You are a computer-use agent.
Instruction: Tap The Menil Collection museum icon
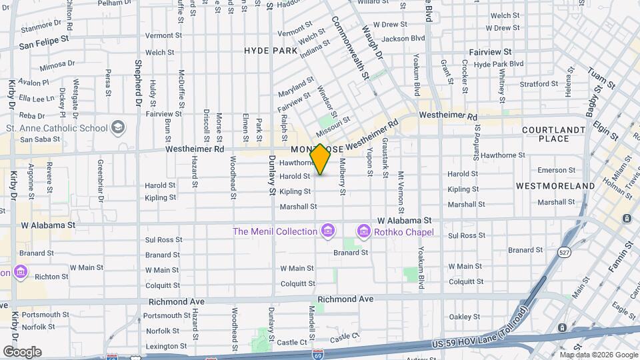[x=327, y=231]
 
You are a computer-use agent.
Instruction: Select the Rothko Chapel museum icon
[x=364, y=231]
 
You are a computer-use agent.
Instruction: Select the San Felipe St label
[x=44, y=44]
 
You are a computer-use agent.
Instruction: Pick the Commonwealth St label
[x=350, y=47]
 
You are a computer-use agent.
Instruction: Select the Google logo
[x=22, y=351]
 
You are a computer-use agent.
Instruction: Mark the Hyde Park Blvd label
[x=498, y=64]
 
